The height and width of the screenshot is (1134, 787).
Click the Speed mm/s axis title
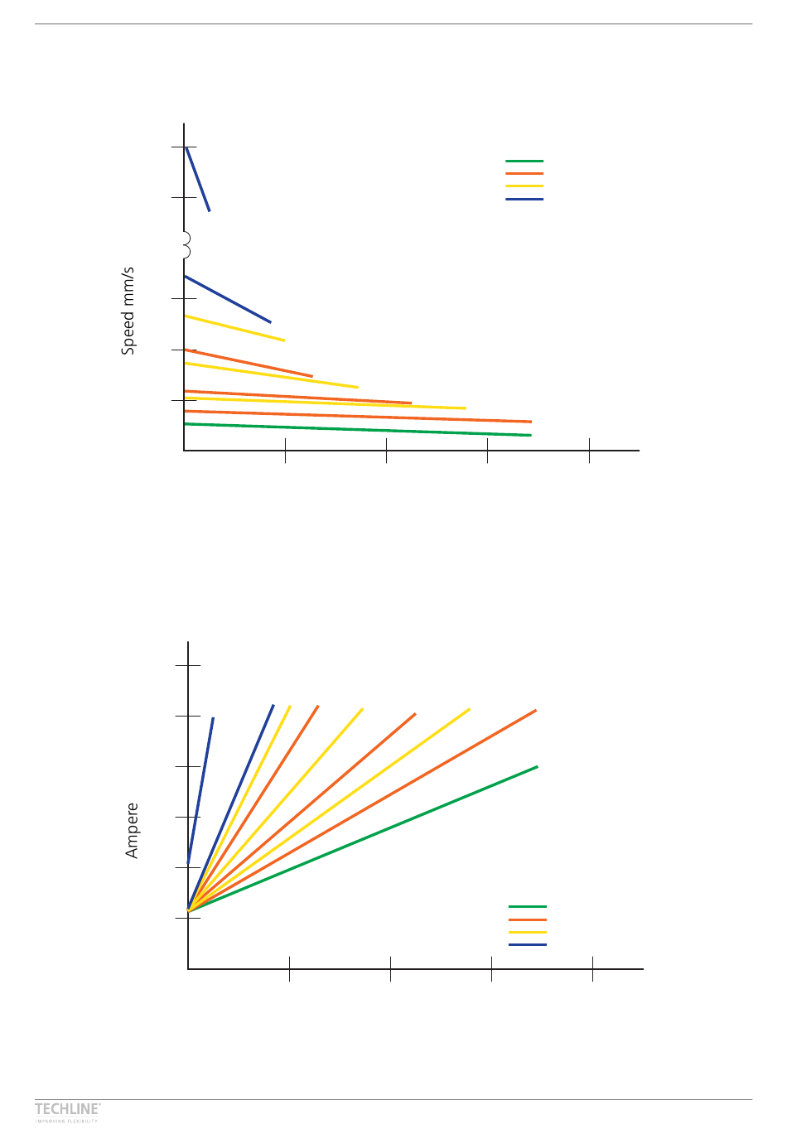(128, 311)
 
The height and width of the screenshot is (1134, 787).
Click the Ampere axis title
(132, 830)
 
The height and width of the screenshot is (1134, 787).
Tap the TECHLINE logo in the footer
(67, 1108)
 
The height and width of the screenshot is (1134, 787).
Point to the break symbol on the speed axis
(186, 245)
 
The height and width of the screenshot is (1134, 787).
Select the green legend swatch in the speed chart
(524, 161)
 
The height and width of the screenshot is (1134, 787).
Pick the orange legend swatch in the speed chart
(524, 174)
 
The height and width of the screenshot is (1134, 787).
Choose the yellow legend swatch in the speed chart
(524, 186)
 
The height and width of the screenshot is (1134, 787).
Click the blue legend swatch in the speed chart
(524, 200)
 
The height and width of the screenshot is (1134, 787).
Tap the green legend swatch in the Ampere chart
(528, 906)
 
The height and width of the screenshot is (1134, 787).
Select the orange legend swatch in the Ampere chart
(528, 919)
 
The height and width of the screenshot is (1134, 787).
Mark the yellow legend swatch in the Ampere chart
(528, 932)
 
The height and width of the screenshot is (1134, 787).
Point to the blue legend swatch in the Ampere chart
(528, 945)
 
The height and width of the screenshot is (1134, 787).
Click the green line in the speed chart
(356, 429)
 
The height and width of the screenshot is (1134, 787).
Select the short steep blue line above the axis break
(197, 179)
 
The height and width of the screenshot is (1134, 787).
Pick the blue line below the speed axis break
(228, 299)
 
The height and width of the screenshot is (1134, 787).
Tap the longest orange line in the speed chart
(356, 417)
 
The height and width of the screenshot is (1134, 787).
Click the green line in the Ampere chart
(365, 838)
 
